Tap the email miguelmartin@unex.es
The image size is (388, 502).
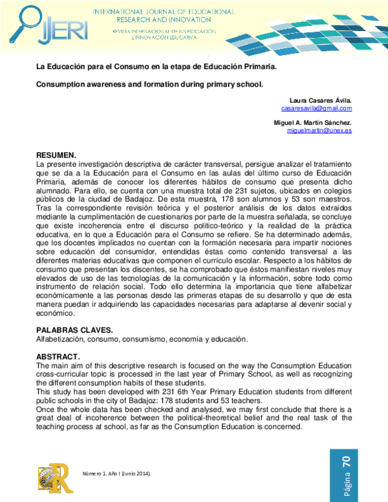[319, 130]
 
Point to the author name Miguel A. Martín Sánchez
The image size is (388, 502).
[312, 122]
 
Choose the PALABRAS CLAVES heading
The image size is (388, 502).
[74, 330]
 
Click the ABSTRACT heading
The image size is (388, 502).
[58, 357]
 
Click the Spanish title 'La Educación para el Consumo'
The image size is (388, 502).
[156, 67]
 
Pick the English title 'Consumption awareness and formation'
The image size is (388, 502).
[149, 84]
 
